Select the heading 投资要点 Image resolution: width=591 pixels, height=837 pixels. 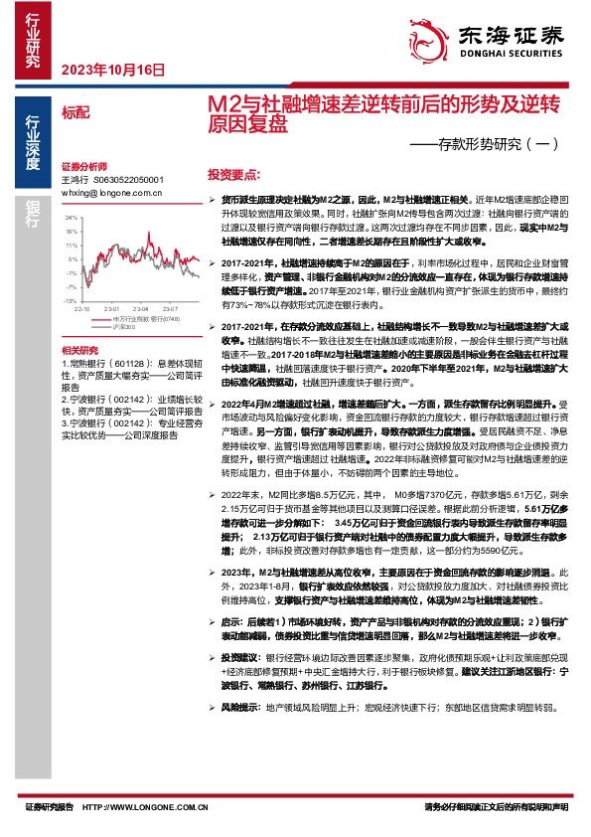click(x=233, y=172)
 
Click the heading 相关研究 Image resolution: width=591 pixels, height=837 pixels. click(x=79, y=351)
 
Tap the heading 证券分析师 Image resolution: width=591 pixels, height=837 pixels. click(x=83, y=166)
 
